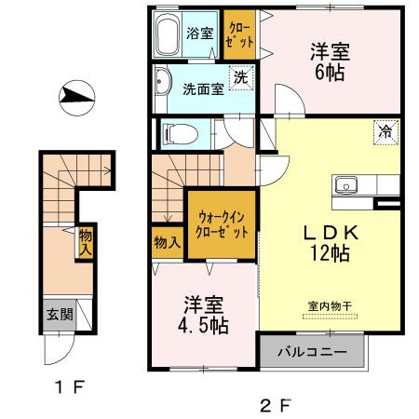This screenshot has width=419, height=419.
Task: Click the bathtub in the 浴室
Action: (x=169, y=38)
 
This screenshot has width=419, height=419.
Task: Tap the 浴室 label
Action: (x=200, y=34)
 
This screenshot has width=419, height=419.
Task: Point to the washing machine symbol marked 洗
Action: (x=239, y=76)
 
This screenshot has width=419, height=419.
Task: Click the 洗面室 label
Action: (x=201, y=90)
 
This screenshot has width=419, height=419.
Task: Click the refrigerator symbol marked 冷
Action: (x=384, y=132)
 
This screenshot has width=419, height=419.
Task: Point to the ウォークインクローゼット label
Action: (x=220, y=226)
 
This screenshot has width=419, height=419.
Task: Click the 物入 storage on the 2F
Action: (x=167, y=242)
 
